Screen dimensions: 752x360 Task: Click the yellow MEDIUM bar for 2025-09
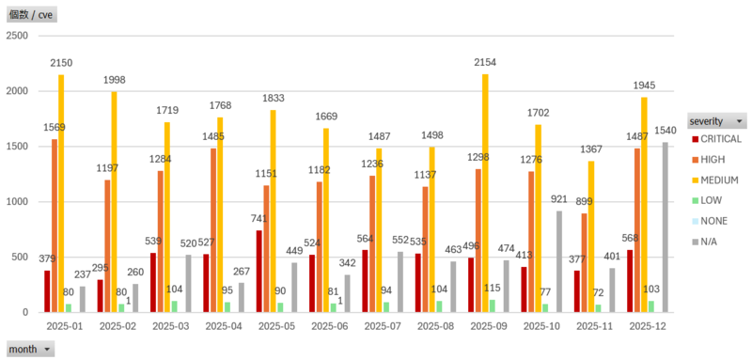[485, 194]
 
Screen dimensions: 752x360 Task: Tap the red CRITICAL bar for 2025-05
[259, 272]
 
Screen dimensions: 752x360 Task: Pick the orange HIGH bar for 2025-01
[55, 226]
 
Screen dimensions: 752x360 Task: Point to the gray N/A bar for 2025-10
[559, 261]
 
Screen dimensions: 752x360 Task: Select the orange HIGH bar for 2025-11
[584, 262]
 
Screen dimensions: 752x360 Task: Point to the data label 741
[259, 219]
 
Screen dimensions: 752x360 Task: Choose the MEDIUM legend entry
[714, 180]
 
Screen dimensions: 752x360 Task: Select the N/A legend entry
[705, 242]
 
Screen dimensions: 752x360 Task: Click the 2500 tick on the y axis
[18, 36]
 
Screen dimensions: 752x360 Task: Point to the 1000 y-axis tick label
[18, 202]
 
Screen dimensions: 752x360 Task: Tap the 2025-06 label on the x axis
[330, 326]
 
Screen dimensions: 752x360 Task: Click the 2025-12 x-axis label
[648, 326]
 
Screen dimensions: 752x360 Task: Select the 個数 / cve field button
[32, 14]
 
